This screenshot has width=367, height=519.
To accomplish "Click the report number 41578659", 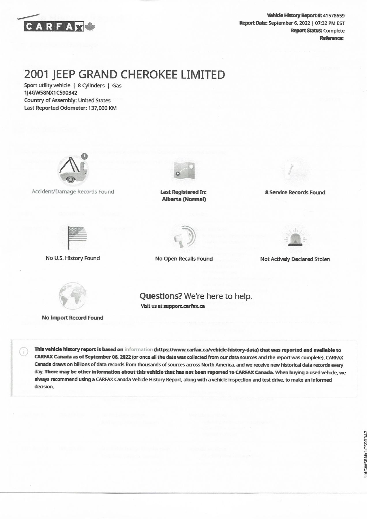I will coord(334,16).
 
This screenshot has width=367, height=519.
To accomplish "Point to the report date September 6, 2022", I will coord(289,23).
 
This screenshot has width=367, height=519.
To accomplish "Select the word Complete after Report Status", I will coord(334,31).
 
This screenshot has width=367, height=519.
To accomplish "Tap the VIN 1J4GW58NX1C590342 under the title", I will coord(51,93).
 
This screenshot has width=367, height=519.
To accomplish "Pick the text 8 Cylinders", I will coord(91,86).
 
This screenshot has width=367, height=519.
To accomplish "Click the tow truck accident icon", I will coord(72,170).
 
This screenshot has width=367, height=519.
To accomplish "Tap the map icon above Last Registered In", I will coord(184,171).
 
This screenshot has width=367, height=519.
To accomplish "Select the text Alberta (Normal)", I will coord(184,199).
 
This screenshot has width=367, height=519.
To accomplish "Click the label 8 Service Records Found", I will coord(295,193).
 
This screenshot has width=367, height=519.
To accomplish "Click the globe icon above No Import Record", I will coord(72,296).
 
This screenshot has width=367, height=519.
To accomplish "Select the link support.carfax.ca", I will coord(184,306).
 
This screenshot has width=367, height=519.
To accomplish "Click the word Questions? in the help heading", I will coord(161,296).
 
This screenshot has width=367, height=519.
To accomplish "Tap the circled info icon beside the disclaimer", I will coord(23,352).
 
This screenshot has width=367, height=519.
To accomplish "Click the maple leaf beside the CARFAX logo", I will coord(90,27).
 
